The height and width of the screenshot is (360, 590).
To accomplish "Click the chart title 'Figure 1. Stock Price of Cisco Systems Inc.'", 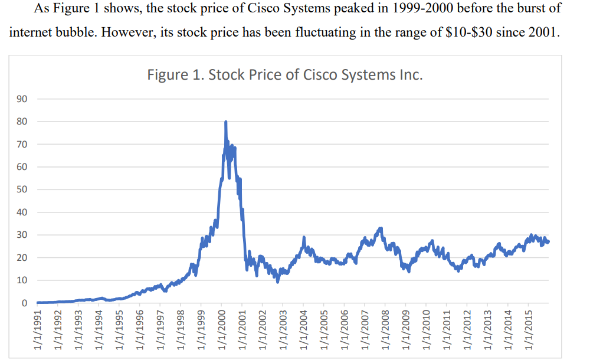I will (286, 76).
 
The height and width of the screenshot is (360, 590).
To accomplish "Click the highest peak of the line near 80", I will (225, 122).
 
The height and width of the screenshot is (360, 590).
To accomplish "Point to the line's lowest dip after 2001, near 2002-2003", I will (278, 281).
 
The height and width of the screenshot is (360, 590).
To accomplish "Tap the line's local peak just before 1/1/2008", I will (381, 228).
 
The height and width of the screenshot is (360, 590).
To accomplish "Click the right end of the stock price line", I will (549, 242).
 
